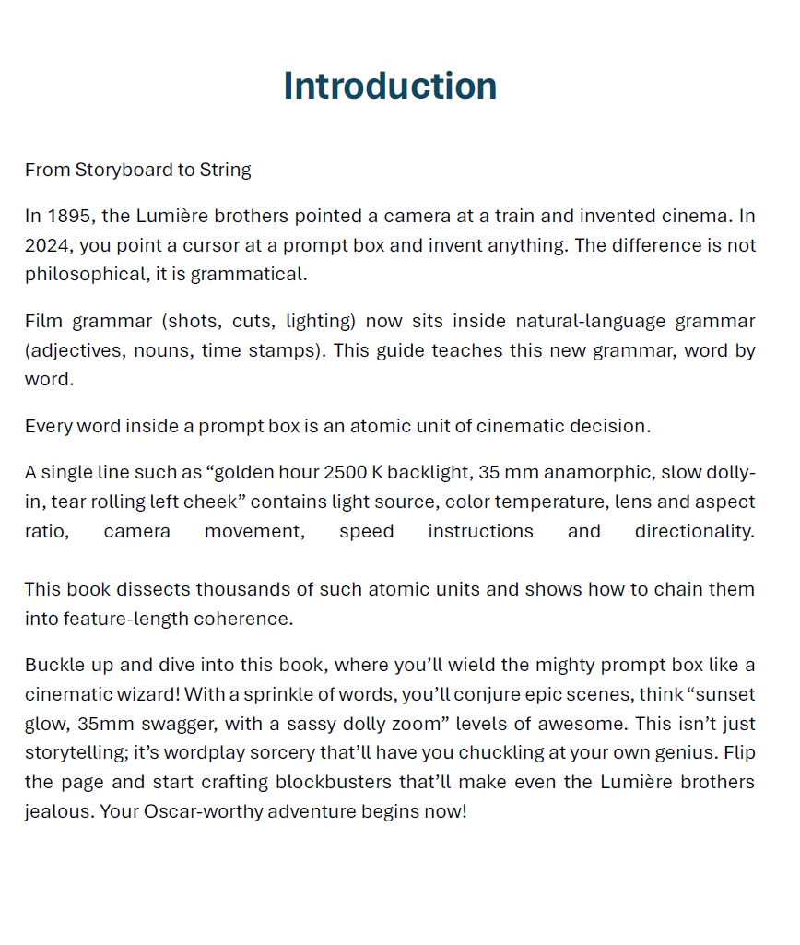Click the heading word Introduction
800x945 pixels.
pos(390,86)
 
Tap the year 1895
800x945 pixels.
pos(70,217)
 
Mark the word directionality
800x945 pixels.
pos(694,532)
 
